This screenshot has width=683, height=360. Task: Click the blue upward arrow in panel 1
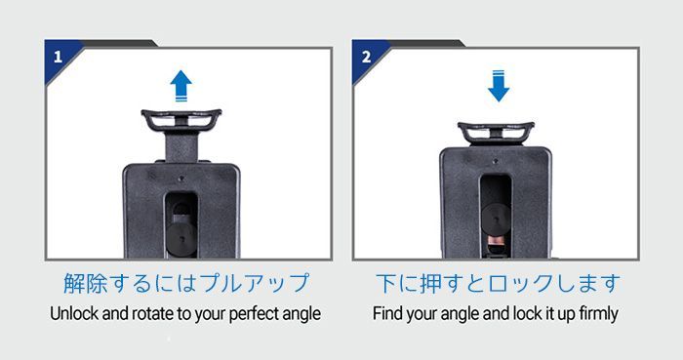click(181, 86)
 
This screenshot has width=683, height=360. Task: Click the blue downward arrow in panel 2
click(499, 86)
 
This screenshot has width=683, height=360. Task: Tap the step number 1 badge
click(58, 57)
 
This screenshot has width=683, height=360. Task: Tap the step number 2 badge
click(366, 57)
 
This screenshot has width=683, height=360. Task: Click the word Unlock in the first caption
click(73, 313)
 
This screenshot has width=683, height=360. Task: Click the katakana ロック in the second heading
click(520, 283)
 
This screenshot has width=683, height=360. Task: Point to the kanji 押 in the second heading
click(430, 283)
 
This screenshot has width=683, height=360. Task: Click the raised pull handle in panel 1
click(181, 120)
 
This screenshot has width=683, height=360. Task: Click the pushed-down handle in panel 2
click(496, 133)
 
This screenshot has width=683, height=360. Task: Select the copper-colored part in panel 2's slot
click(496, 241)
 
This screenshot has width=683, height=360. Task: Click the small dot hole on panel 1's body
click(181, 178)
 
